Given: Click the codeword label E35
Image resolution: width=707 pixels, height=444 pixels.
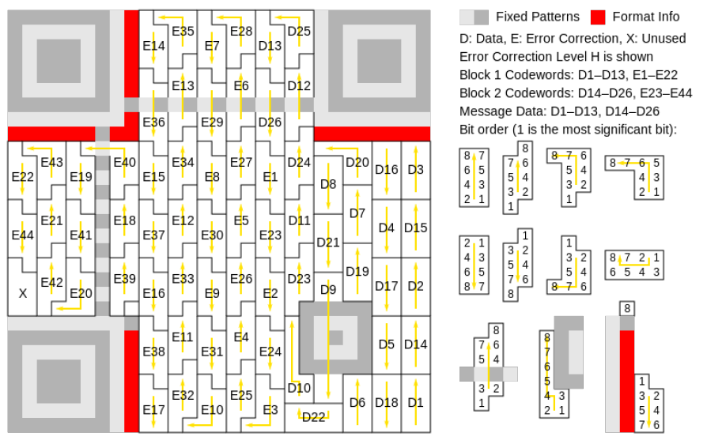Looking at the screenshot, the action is point(183,31).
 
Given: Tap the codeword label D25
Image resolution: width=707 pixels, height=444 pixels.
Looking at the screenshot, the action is point(299,31).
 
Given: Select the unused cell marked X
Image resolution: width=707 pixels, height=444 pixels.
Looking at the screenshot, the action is point(23,294).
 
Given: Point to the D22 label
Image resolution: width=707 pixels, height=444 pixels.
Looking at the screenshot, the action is point(313,417).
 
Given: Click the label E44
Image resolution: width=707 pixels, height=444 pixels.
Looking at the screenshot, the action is point(23,235).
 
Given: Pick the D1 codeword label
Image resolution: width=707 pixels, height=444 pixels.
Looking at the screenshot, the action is point(415,403).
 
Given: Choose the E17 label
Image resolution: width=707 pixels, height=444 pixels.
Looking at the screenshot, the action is point(153,410).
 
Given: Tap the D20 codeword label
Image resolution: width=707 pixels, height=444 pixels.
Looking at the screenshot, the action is point(357,162).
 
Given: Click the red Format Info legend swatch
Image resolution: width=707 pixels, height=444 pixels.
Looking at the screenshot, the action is point(598,17).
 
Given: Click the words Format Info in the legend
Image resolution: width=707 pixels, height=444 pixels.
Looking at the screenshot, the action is point(645,17).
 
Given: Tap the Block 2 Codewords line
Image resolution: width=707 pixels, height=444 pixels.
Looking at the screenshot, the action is point(576,92).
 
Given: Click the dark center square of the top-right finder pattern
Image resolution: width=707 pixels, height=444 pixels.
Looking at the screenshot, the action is point(379,62).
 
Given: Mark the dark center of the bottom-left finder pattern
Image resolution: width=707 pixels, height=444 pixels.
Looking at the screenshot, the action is point(59,382).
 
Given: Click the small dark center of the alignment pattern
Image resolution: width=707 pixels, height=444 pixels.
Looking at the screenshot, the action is point(335,337).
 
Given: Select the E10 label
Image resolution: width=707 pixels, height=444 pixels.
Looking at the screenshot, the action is point(212,410).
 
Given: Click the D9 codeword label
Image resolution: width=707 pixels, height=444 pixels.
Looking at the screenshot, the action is point(328,289).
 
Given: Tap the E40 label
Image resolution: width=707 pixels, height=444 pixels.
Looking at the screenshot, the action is point(124,162).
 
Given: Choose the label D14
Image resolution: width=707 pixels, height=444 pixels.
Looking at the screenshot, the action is point(415,344).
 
